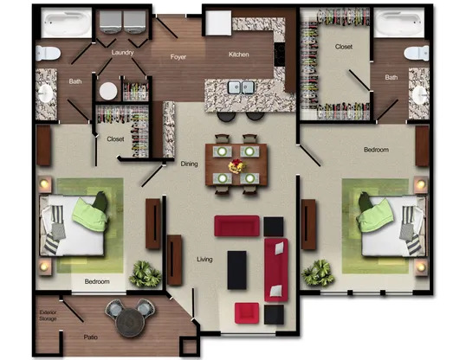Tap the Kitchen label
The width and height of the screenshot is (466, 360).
point(239,55)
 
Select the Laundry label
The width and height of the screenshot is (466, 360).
point(122,53)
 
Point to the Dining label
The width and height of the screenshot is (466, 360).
point(190,163)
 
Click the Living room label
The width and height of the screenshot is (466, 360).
point(204,259)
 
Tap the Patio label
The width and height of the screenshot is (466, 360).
point(90,337)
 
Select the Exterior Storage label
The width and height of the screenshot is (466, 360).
point(49,317)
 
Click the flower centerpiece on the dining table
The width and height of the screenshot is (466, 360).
point(235,164)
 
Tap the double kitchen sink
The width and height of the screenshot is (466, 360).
point(240,87)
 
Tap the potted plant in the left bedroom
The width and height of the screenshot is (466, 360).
point(145,274)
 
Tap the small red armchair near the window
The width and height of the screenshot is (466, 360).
point(247,312)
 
